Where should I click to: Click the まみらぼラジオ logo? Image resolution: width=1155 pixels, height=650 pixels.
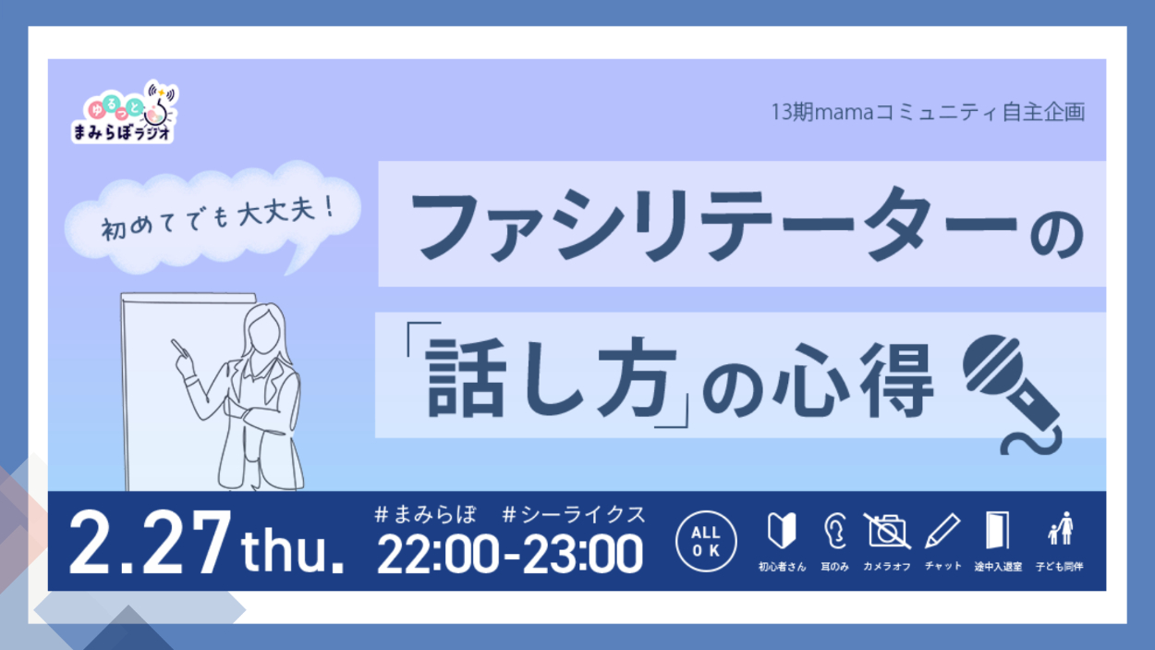[x=124, y=112]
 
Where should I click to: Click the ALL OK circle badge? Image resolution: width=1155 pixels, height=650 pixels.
[x=706, y=541]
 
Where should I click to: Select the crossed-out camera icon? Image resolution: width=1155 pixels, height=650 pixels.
[x=887, y=532]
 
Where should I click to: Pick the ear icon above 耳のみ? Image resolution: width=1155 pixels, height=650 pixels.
[x=834, y=531]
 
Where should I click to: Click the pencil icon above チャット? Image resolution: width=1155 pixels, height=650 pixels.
[x=942, y=531]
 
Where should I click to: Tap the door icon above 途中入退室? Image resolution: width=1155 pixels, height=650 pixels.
[x=998, y=531]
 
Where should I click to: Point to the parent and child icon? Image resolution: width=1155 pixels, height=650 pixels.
[x=1060, y=529]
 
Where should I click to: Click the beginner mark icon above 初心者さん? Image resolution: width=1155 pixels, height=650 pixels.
[x=782, y=531]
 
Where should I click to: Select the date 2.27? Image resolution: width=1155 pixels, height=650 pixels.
[x=150, y=542]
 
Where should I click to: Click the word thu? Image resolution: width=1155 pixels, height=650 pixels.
[x=292, y=551]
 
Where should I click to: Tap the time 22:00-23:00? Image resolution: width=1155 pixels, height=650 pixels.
[x=510, y=555]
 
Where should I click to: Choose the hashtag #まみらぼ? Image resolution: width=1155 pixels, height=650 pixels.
[x=425, y=515]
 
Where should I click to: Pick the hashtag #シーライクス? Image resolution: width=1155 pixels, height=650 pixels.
[x=574, y=515]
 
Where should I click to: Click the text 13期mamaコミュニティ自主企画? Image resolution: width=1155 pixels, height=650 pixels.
[x=928, y=112]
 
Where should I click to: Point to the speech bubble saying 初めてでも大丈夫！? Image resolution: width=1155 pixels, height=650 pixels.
[x=213, y=216]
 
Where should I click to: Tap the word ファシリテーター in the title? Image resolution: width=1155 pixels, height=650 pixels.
[x=714, y=225]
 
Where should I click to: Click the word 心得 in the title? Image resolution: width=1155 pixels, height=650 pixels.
[x=854, y=380]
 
